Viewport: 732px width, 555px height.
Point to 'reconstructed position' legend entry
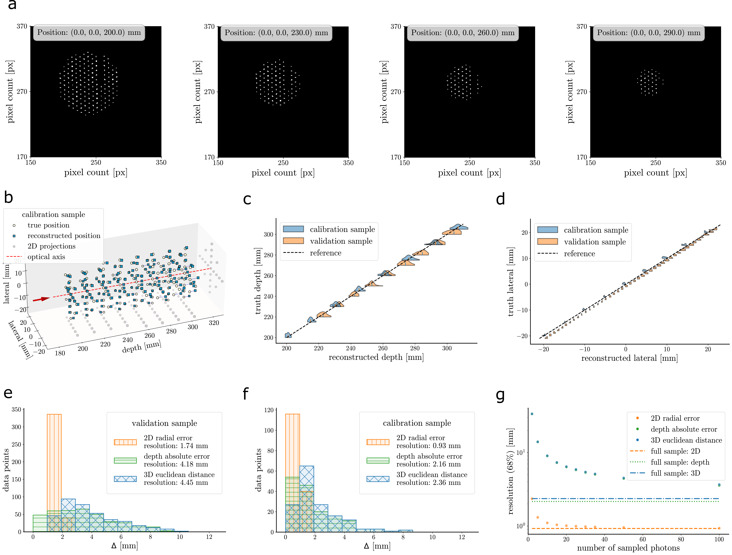click(64, 236)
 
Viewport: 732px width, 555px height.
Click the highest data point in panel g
click(532, 414)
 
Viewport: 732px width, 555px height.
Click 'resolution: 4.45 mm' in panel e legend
click(176, 482)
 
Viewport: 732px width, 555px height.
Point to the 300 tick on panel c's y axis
click(268, 234)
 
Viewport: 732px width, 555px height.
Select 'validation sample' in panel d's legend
click(595, 242)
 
